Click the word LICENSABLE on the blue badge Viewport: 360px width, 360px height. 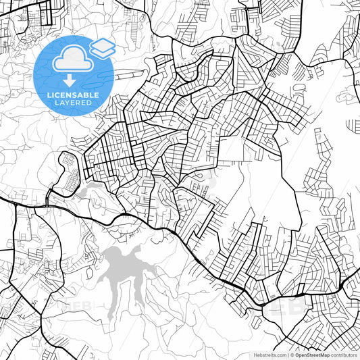coord(72,95)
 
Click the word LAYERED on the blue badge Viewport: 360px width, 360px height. coord(72,103)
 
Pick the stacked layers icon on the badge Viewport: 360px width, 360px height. coord(103,47)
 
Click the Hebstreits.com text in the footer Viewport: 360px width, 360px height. coord(269,355)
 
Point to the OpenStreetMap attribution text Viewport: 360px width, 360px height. coord(310,355)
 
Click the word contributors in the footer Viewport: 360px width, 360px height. coord(344,355)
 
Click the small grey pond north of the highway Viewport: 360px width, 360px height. coord(86,193)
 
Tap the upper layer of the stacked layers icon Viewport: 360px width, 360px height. coord(103,44)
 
